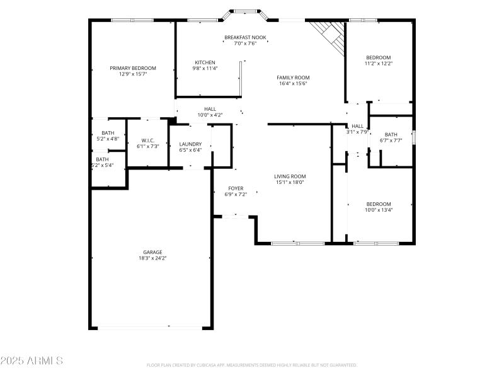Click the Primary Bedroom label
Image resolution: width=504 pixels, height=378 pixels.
pyautogui.click(x=133, y=68)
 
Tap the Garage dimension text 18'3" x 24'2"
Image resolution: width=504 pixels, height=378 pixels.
pyautogui.click(x=152, y=258)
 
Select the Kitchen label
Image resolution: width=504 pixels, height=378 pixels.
pyautogui.click(x=205, y=62)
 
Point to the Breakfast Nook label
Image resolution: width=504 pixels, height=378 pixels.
pyautogui.click(x=245, y=38)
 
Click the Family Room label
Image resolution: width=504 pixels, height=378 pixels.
pyautogui.click(x=293, y=77)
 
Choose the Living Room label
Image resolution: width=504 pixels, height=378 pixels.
pyautogui.click(x=290, y=176)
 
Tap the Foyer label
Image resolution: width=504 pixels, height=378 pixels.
pyautogui.click(x=236, y=188)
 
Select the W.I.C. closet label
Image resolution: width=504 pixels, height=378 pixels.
pyautogui.click(x=148, y=140)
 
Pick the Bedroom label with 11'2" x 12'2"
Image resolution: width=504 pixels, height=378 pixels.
pyautogui.click(x=378, y=57)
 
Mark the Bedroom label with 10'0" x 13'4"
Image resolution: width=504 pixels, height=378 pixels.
pyautogui.click(x=379, y=204)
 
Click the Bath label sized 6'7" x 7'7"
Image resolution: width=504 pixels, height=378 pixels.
pyautogui.click(x=391, y=134)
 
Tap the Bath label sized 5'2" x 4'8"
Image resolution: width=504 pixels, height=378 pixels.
pyautogui.click(x=108, y=133)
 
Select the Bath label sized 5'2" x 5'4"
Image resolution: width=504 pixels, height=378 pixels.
pyautogui.click(x=102, y=159)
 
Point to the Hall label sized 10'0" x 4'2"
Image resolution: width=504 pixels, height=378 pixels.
pyautogui.click(x=210, y=109)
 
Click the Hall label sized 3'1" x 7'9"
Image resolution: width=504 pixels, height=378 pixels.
pyautogui.click(x=357, y=126)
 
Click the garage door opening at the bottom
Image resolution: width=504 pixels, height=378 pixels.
pyautogui.click(x=151, y=327)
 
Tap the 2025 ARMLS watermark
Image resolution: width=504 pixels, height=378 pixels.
pyautogui.click(x=31, y=361)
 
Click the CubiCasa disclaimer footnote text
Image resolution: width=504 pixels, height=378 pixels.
pyautogui.click(x=252, y=365)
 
